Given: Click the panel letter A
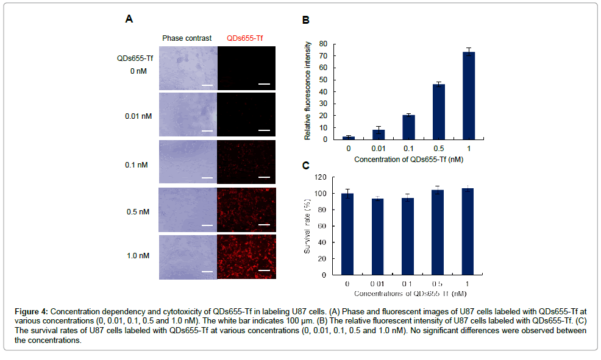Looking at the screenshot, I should click(x=129, y=18).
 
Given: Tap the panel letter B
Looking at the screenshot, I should click(x=306, y=19).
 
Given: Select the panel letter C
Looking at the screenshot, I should click(x=306, y=164).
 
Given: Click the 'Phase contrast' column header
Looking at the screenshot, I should click(x=187, y=38).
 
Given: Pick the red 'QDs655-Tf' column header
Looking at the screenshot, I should click(x=245, y=38).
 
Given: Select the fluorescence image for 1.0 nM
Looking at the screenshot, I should click(x=246, y=257).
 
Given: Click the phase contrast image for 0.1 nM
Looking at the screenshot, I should click(x=187, y=162).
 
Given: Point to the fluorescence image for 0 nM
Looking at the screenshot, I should click(x=246, y=68).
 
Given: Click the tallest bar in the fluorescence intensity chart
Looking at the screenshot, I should click(x=468, y=96).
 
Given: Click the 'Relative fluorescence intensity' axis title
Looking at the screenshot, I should click(x=308, y=91).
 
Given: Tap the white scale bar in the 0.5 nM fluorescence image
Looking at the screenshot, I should click(x=264, y=225).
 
